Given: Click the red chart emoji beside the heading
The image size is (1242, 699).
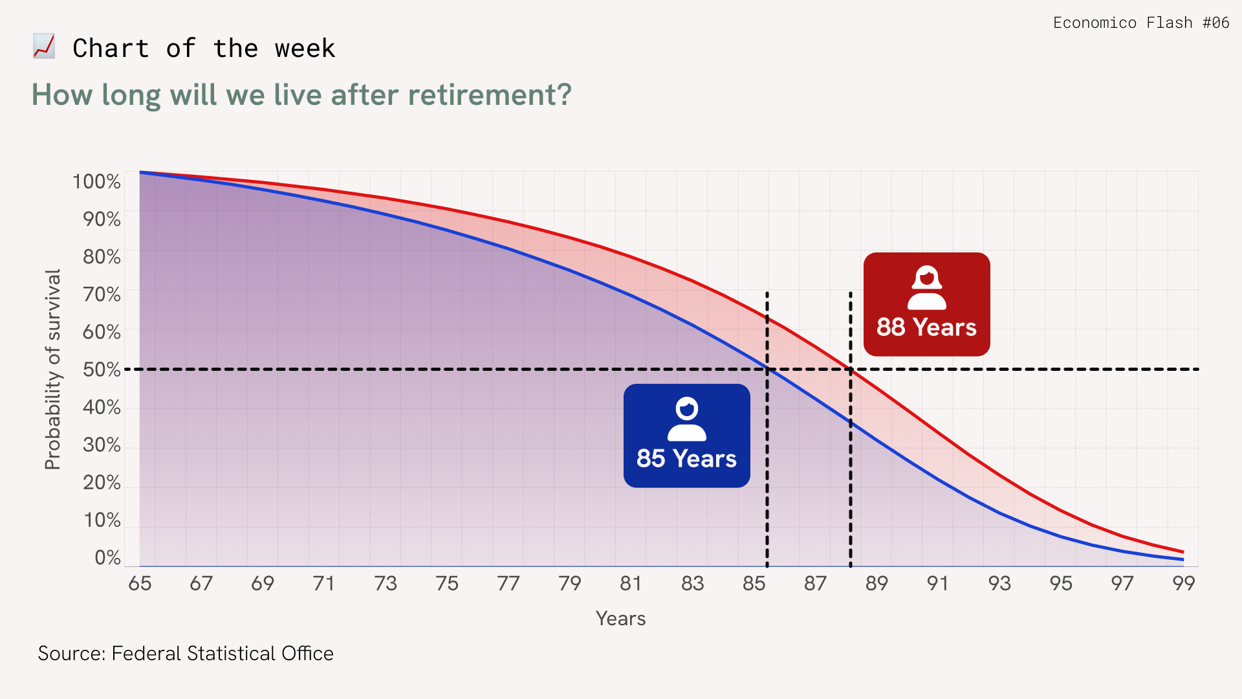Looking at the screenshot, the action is tap(44, 47).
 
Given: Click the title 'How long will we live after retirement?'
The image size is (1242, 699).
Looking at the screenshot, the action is tap(301, 95).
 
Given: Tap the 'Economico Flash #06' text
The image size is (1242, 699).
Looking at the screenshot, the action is tap(1141, 23).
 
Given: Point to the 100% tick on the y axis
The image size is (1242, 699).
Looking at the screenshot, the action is tap(96, 182).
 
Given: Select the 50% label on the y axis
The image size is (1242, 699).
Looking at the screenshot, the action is tap(102, 370).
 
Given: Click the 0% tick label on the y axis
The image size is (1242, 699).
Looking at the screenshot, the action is tap(107, 557).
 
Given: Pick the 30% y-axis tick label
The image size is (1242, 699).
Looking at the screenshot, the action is tap(102, 445).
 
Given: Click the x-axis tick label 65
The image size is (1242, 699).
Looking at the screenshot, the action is tap(140, 583).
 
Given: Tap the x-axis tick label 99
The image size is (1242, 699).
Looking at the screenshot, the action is tap(1184, 583).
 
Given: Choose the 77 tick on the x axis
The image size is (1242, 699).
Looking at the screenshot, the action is tap(508, 583).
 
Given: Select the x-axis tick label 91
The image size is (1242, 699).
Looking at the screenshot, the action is tap(937, 583).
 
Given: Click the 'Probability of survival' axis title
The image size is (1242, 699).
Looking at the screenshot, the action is tap(52, 370).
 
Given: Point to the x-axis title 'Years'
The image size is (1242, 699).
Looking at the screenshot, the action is tap(621, 619).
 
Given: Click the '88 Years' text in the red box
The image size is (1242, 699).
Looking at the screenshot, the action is tap(926, 327).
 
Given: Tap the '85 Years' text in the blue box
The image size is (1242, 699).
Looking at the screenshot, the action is tap(686, 459).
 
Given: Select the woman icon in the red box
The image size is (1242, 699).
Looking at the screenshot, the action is tap(927, 287).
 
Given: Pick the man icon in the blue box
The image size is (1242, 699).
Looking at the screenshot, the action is tap(687, 419).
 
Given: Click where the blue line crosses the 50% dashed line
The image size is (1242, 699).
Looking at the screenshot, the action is tap(768, 369).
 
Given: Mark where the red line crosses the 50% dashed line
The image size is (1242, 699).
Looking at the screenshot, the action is tap(850, 369).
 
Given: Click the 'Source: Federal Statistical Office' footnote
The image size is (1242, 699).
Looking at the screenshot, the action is tap(186, 654).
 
